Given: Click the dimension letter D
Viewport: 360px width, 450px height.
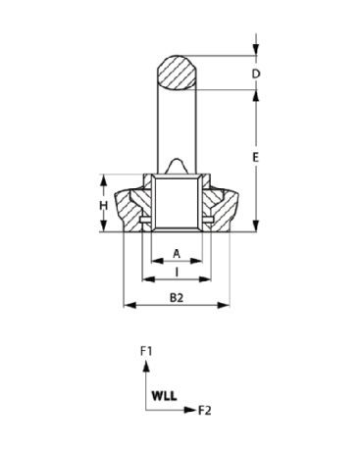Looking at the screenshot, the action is [256, 74].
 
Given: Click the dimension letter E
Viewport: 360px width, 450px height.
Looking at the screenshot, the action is [256, 157].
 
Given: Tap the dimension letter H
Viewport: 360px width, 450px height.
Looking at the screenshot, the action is [104, 206].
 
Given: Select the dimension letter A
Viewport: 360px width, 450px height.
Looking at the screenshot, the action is [177, 254].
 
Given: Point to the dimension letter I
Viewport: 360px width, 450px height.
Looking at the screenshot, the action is [177, 273].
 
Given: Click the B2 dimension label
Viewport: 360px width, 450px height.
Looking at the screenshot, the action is [177, 298].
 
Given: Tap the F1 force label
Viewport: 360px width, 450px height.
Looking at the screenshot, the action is [146, 352].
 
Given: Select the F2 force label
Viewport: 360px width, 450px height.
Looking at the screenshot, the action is [205, 410].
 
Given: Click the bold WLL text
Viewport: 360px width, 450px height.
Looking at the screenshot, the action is [164, 396].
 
